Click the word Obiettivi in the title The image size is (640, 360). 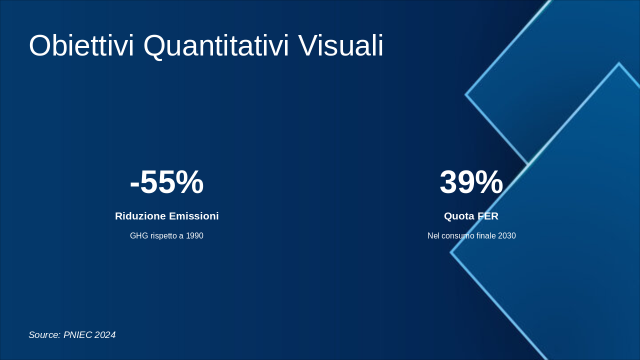[x=81, y=45]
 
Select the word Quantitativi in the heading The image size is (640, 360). [x=216, y=47]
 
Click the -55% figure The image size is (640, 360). [x=167, y=182]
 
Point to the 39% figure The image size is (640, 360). [x=471, y=182]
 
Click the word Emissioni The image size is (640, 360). [x=192, y=216]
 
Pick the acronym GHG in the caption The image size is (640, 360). [x=139, y=235]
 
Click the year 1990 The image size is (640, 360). [x=194, y=235]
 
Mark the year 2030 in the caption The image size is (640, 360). [x=507, y=235]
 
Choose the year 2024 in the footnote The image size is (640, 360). [x=105, y=335]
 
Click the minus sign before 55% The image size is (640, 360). [x=134, y=185]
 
